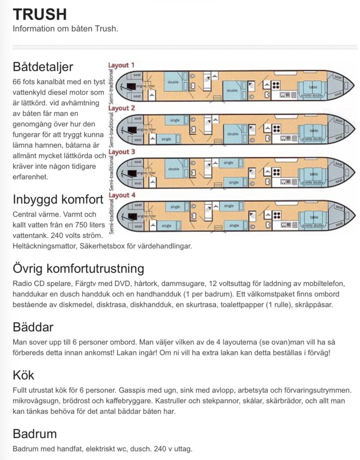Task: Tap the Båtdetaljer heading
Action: click(43, 67)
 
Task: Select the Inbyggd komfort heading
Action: click(58, 199)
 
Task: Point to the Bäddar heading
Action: click(34, 327)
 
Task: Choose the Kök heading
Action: click(24, 375)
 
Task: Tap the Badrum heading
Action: click(35, 433)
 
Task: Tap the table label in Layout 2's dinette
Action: click(314, 130)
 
